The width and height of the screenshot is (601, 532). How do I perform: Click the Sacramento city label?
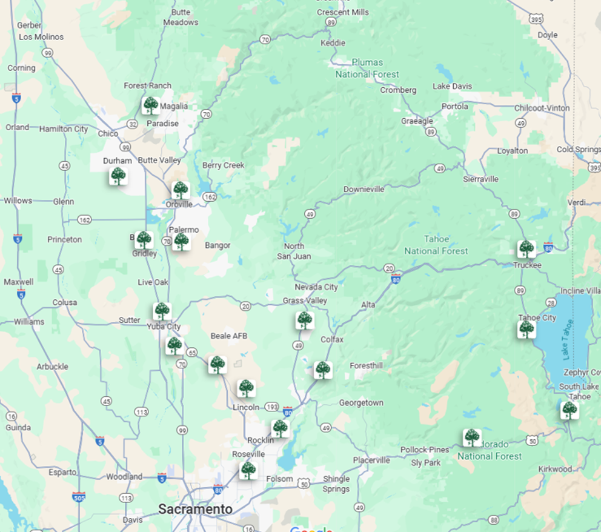(x=195, y=509)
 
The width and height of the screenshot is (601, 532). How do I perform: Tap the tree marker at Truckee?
(x=526, y=249)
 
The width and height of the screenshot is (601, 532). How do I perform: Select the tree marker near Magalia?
(x=151, y=105)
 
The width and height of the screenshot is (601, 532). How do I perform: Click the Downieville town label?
(x=364, y=189)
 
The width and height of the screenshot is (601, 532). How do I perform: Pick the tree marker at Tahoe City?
(x=526, y=330)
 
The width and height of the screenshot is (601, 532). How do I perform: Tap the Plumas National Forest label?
(x=368, y=68)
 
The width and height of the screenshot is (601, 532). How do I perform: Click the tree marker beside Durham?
(x=118, y=176)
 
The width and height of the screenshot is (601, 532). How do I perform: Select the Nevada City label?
(x=316, y=287)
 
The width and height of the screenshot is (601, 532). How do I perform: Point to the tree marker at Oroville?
(x=181, y=190)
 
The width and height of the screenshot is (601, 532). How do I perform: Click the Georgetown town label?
(x=361, y=402)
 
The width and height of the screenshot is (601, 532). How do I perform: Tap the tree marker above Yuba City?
(x=162, y=311)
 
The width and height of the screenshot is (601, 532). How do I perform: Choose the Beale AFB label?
(x=229, y=336)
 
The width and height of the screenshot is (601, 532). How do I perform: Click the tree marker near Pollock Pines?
(x=472, y=437)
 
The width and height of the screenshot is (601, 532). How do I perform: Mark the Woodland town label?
(x=124, y=477)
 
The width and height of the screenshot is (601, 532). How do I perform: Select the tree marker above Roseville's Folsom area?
(x=247, y=470)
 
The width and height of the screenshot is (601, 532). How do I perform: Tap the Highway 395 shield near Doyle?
(x=534, y=19)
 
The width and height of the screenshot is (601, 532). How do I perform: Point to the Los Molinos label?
(x=41, y=36)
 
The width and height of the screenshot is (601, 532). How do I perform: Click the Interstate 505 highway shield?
(x=79, y=497)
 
